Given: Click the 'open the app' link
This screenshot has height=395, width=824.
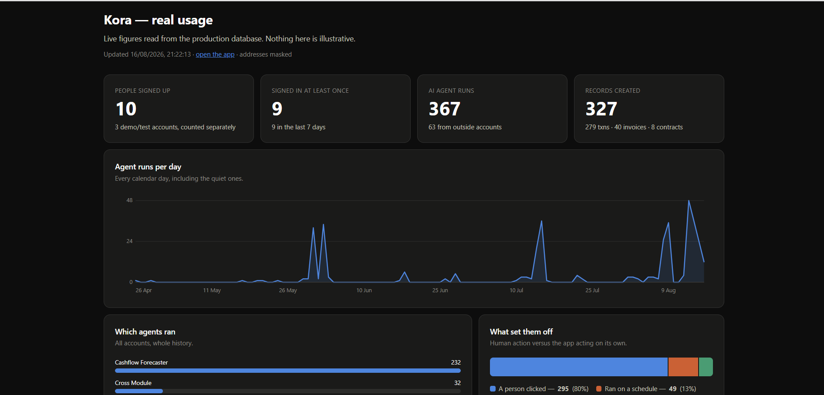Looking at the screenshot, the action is coord(215,54).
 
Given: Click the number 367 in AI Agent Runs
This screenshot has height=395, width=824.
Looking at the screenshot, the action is coord(444,109).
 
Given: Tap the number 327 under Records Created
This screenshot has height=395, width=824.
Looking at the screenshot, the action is coord(601,109).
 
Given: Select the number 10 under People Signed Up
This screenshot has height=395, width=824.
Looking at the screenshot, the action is coord(126,109).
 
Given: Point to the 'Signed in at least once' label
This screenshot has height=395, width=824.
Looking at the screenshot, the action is coord(310,91).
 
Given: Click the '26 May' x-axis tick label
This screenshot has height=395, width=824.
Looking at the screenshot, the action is coord(288,290).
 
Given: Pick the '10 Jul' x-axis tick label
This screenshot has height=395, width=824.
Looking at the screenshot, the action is coord(517,290).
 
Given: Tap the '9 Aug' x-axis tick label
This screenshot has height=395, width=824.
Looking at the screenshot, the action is coord(669,290).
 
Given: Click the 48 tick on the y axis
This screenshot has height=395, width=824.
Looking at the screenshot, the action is coord(129,200).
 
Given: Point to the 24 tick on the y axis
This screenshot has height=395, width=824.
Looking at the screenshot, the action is coord(129,241).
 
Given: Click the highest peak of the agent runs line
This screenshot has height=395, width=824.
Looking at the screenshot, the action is coord(689,201).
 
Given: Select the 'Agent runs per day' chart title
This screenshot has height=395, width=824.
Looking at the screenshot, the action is coord(148,167).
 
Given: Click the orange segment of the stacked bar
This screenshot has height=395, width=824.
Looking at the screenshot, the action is coord(683,367).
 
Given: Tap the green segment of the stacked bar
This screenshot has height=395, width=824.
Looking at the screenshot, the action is coord(706,367).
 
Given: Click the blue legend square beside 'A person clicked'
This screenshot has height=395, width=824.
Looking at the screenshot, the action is coord(493,389).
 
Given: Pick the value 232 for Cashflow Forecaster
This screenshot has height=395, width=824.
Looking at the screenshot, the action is coord(456,362).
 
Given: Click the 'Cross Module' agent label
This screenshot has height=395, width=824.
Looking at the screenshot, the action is coord(133,383).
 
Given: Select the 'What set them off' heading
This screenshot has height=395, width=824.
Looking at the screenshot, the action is coord(521,332).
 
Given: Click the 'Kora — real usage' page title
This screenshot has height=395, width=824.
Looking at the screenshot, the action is coord(158,20).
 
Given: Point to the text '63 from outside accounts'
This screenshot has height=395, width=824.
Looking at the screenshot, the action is coord(465,127).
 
